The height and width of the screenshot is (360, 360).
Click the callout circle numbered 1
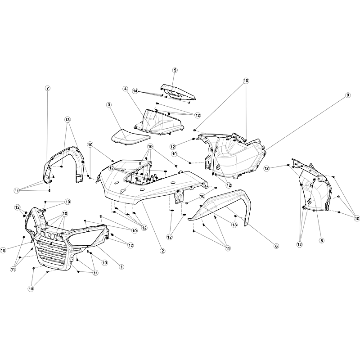[x=121, y=267]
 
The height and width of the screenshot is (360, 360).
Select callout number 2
[x=162, y=251]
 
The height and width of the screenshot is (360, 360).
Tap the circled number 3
[x=109, y=105]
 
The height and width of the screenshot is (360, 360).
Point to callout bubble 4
[x=126, y=88]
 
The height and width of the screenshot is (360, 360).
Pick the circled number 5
[x=175, y=70]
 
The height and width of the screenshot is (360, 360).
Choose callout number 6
[x=276, y=246]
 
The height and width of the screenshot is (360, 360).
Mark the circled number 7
[x=48, y=88]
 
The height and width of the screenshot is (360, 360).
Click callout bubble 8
[x=322, y=241]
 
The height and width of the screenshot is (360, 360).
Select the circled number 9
[x=348, y=95]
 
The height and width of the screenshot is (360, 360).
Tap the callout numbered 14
[x=135, y=91]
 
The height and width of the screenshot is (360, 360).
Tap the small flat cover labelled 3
[x=131, y=137]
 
